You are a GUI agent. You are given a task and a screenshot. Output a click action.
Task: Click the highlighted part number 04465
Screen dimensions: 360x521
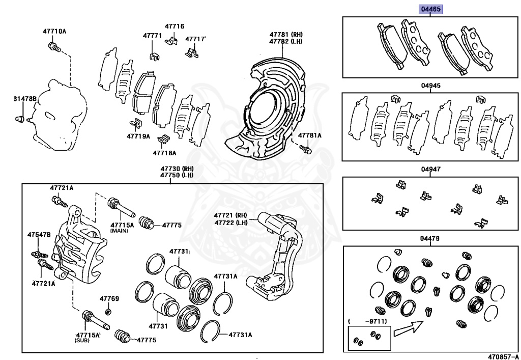coord(430,9)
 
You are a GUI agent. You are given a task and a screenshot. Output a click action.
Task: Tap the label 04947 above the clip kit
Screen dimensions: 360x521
coord(430,169)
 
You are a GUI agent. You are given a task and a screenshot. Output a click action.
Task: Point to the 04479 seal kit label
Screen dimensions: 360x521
coord(430,239)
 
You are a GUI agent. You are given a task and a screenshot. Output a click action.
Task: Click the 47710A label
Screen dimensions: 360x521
coord(54,32)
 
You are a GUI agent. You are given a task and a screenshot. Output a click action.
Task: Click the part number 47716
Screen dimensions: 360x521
coord(175,26)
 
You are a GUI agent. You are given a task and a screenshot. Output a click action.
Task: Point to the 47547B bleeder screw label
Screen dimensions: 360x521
coord(39,234)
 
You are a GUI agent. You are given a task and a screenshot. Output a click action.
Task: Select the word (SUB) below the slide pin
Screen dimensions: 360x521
coord(84,340)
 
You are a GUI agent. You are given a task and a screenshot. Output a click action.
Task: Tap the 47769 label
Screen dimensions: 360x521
coord(109,298)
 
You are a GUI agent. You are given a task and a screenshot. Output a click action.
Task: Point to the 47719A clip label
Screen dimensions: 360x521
coord(139,136)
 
